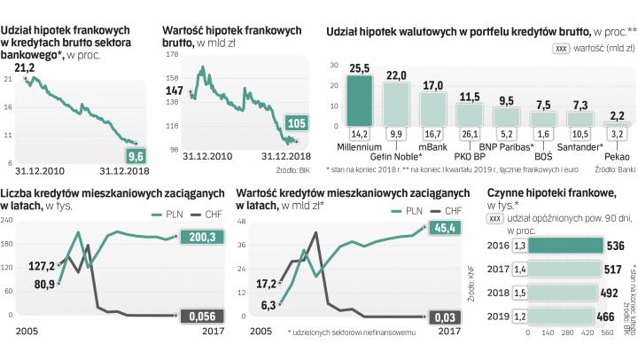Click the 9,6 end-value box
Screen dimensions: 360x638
pyautogui.click(x=136, y=155)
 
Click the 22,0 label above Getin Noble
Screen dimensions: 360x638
pyautogui.click(x=394, y=74)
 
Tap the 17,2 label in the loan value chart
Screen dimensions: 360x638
pyautogui.click(x=267, y=284)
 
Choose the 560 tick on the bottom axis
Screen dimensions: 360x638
pyautogui.click(x=607, y=333)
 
